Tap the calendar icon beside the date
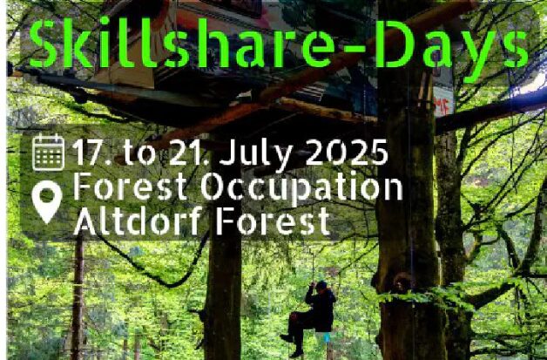[49, 153]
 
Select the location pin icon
[47, 202]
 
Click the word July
[257, 155]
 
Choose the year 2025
[347, 152]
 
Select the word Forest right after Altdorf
[273, 221]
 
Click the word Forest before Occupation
[131, 187]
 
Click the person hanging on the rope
[310, 318]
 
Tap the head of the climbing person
[321, 286]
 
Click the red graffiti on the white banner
[443, 106]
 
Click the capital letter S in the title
[44, 44]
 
